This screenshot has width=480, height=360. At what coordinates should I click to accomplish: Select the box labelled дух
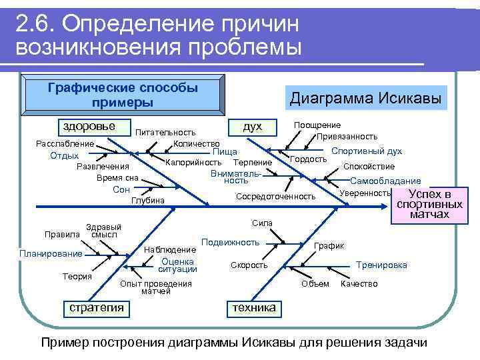point(253,127)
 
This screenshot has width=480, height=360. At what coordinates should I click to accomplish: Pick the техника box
point(253,308)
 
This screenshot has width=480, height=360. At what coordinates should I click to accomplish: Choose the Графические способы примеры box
point(123,95)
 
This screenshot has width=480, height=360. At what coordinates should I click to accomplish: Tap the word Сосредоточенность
point(275,196)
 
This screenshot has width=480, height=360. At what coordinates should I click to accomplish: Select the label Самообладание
point(385,181)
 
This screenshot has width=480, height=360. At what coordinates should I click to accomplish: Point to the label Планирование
point(51,253)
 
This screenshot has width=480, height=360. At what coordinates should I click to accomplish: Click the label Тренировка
point(381,265)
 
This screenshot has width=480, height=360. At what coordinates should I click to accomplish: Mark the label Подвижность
point(230,242)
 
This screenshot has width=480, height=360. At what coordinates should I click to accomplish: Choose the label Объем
point(315,284)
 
